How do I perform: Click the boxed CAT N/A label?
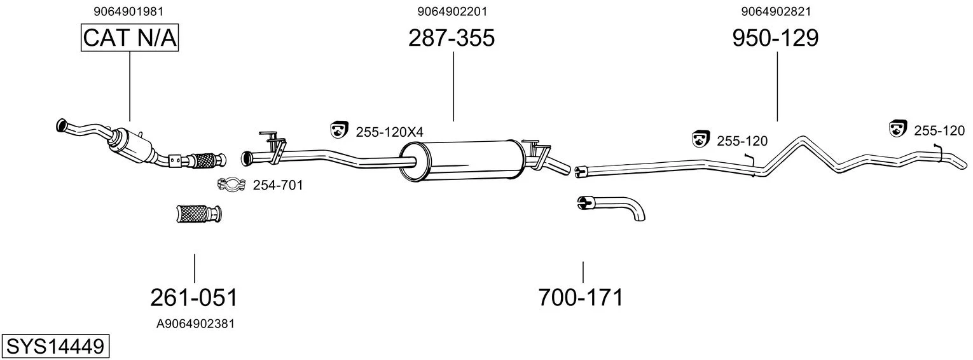(x=130, y=38)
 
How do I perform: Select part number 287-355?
(x=452, y=38)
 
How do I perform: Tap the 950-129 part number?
(x=775, y=38)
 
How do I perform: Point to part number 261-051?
(x=194, y=298)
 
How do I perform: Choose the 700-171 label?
(x=581, y=298)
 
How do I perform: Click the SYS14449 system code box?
(x=55, y=347)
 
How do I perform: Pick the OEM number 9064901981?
(x=128, y=11)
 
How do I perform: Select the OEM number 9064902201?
(x=452, y=11)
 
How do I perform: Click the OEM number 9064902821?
(x=776, y=11)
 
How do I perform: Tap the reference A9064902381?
(x=195, y=324)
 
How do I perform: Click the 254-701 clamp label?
(x=278, y=186)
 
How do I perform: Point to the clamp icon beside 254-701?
(x=232, y=184)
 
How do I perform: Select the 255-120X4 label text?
(x=389, y=132)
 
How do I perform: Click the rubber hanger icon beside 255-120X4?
(x=339, y=129)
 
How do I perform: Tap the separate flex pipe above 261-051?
(x=200, y=213)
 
